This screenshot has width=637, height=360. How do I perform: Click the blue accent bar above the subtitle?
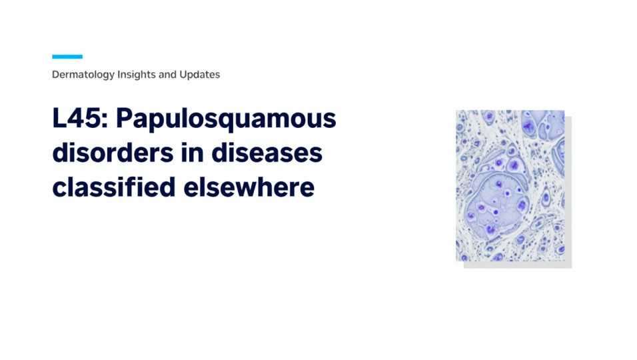[x=67, y=57]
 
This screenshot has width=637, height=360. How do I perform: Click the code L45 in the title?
[x=79, y=120]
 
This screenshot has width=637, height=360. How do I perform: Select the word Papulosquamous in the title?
[x=227, y=120]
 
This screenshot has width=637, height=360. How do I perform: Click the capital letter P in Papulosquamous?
[x=127, y=120]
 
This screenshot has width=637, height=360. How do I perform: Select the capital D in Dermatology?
[x=56, y=75]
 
